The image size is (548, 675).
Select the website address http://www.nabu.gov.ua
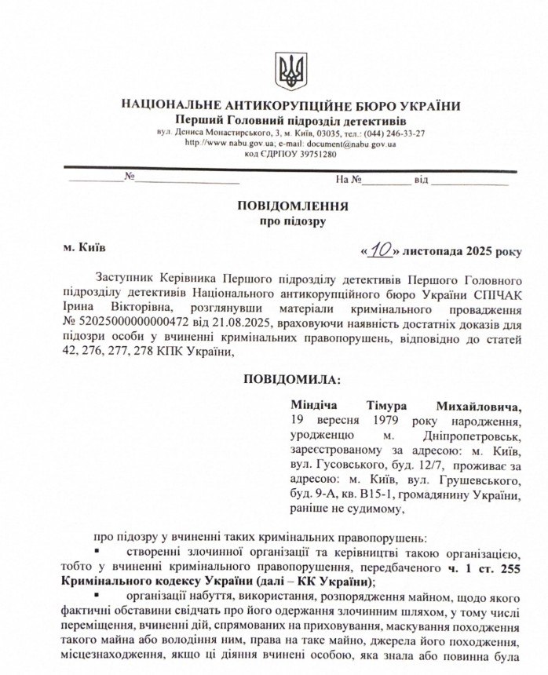click(x=228, y=143)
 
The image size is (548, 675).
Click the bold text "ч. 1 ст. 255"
click(x=480, y=567)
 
